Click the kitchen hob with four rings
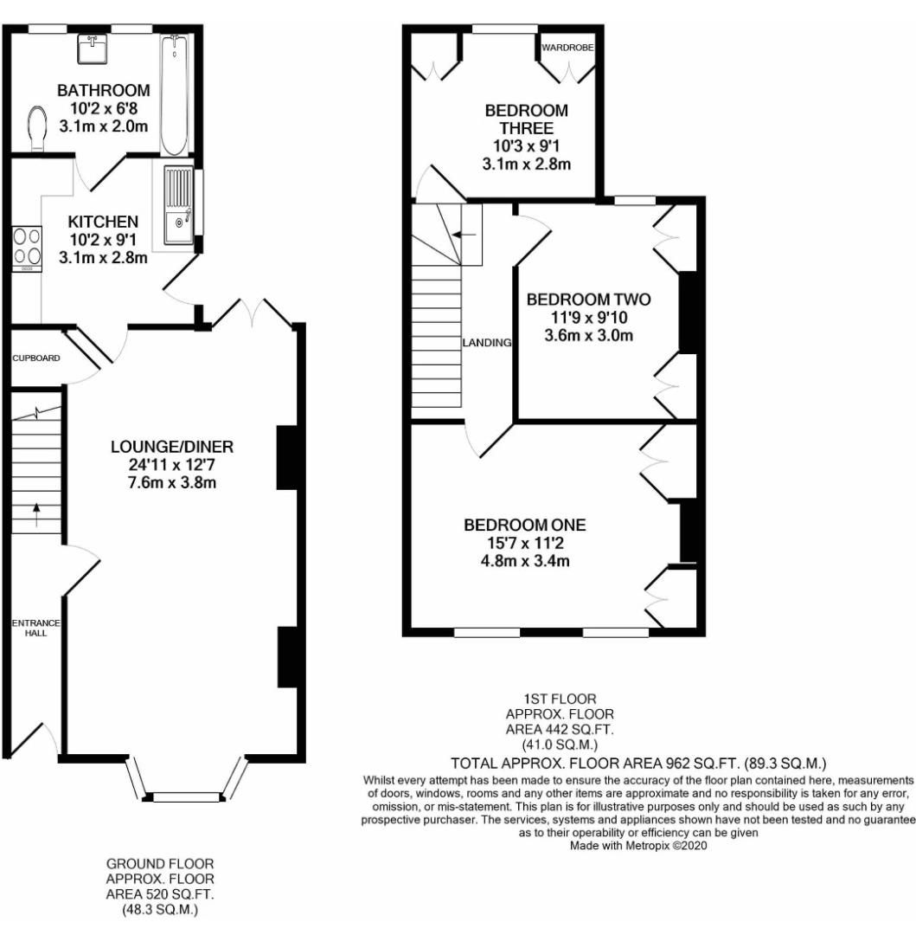26,247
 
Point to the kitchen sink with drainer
179,206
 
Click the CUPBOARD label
35,357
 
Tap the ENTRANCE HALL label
29,628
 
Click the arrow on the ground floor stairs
36,513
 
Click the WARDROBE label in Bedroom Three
567,48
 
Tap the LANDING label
486,343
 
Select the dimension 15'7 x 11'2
525,544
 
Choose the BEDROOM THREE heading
526,119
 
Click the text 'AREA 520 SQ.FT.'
160,893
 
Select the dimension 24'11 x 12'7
172,465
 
